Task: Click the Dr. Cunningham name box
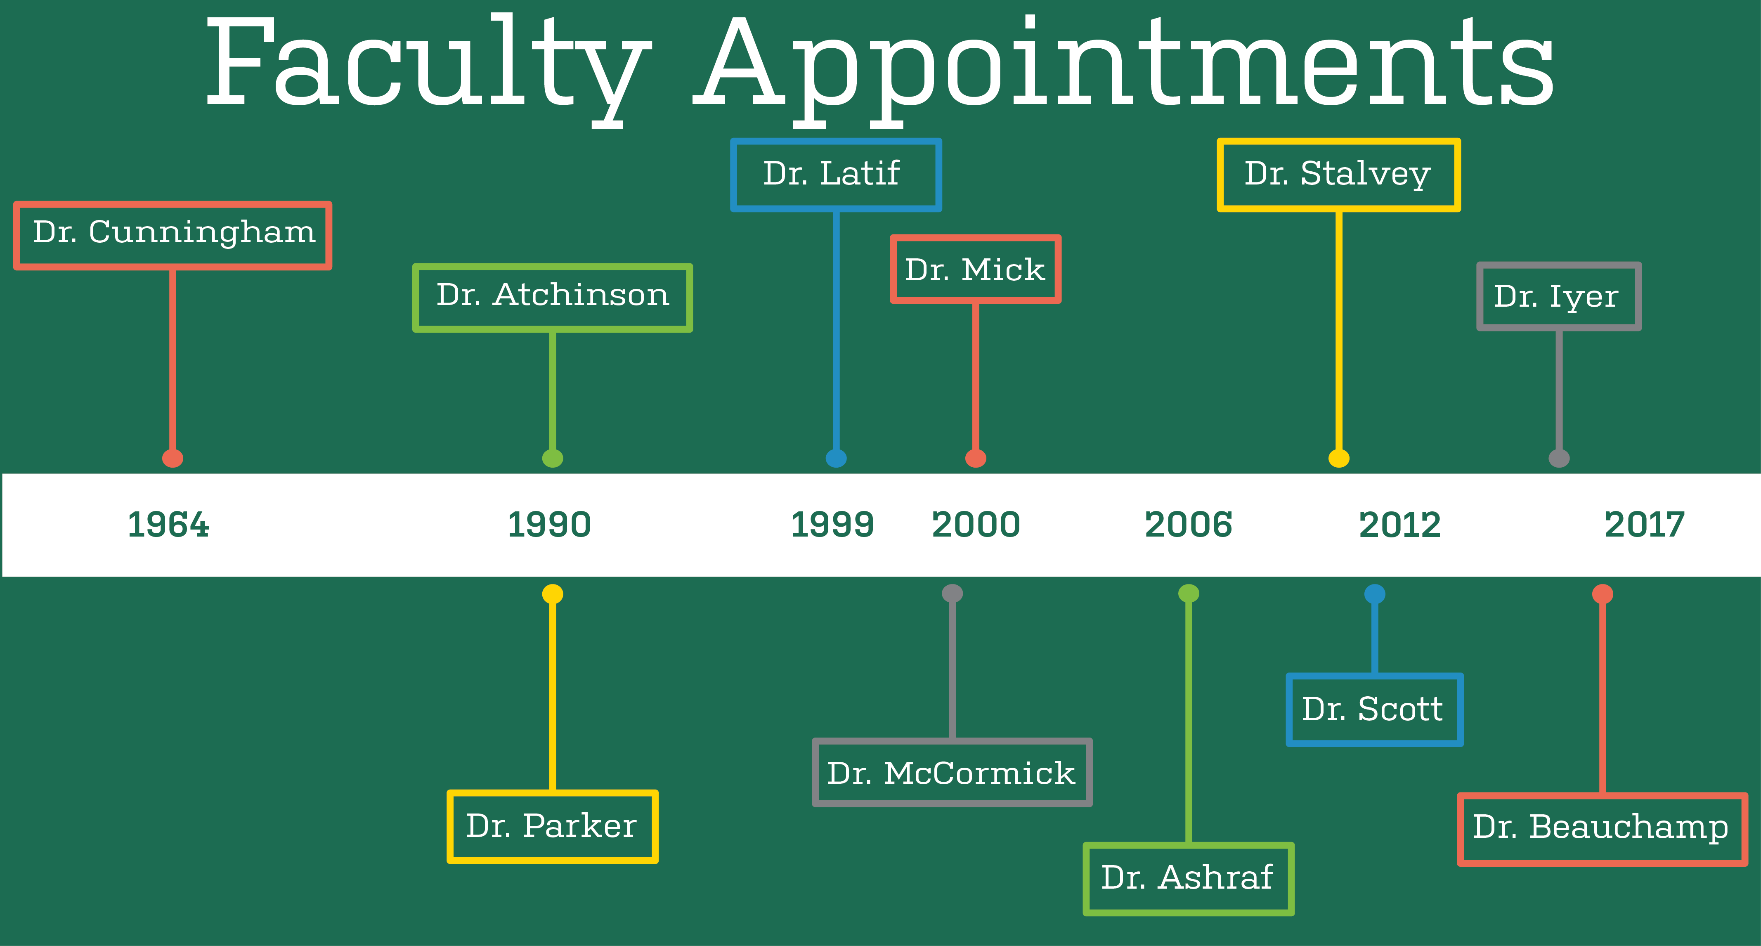[x=173, y=235]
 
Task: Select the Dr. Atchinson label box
[x=552, y=297]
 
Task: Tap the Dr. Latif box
[x=835, y=175]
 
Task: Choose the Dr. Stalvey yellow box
[x=1338, y=175]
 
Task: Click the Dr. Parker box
[x=552, y=826]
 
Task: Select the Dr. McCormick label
[x=952, y=772]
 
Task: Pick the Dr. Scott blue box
[x=1374, y=709]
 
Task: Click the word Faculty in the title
[x=427, y=65]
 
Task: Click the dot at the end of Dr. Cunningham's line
[x=173, y=458]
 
